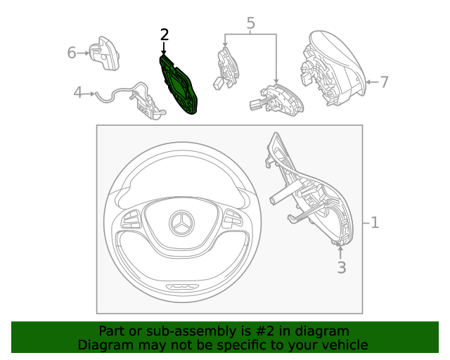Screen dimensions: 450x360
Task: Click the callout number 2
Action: (x=165, y=34)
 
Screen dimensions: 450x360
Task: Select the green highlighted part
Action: (x=178, y=85)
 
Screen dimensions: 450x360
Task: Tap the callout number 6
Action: (x=72, y=53)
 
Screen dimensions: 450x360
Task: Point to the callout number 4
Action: (x=78, y=92)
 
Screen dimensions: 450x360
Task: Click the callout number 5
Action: (x=250, y=23)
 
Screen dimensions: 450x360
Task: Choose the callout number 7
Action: (x=385, y=82)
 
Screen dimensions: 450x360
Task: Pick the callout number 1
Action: (x=375, y=222)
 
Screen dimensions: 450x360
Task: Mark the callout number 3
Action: (x=342, y=267)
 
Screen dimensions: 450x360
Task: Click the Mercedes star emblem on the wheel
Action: (x=181, y=223)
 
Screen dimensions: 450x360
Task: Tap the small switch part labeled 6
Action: (x=104, y=53)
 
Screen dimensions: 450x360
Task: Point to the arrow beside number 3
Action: (x=340, y=252)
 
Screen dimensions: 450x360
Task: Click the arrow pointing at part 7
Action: (x=373, y=82)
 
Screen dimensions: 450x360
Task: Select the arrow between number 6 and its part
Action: (x=83, y=53)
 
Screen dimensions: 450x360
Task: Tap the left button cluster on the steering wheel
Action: (x=131, y=219)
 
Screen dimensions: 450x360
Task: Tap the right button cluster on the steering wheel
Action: (x=233, y=219)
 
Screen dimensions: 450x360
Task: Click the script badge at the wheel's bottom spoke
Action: (x=183, y=286)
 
